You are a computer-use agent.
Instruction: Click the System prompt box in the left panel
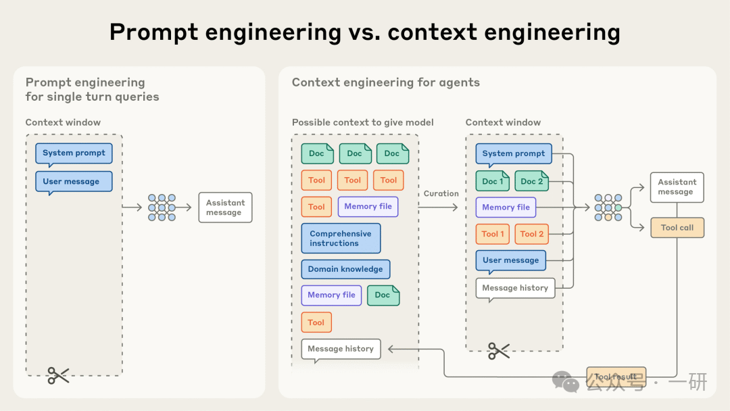pyautogui.click(x=74, y=153)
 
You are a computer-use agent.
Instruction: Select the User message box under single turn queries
pyautogui.click(x=74, y=181)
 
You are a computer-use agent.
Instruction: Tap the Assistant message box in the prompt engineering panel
pyautogui.click(x=225, y=208)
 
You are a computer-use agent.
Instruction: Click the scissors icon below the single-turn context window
pyautogui.click(x=58, y=375)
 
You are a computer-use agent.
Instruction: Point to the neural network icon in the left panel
pyautogui.click(x=161, y=208)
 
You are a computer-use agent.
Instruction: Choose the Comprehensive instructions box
pyautogui.click(x=341, y=239)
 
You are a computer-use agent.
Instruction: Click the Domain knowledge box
pyautogui.click(x=345, y=269)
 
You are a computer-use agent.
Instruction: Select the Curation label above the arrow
pyautogui.click(x=441, y=193)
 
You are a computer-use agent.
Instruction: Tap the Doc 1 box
pyautogui.click(x=493, y=181)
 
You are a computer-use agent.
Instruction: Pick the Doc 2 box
pyautogui.click(x=531, y=181)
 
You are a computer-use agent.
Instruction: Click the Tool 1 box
pyautogui.click(x=493, y=234)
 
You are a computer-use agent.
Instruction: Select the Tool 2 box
pyautogui.click(x=532, y=234)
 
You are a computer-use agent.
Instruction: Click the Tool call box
pyautogui.click(x=677, y=228)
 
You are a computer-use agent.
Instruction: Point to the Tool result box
pyautogui.click(x=616, y=377)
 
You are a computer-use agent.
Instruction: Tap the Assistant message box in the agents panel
pyautogui.click(x=677, y=187)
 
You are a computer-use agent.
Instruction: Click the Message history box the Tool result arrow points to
pyautogui.click(x=341, y=349)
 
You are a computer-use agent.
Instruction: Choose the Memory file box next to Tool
pyautogui.click(x=368, y=207)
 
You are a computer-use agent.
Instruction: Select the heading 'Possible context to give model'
pyautogui.click(x=363, y=122)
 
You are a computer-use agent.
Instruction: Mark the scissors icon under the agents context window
pyautogui.click(x=499, y=350)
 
